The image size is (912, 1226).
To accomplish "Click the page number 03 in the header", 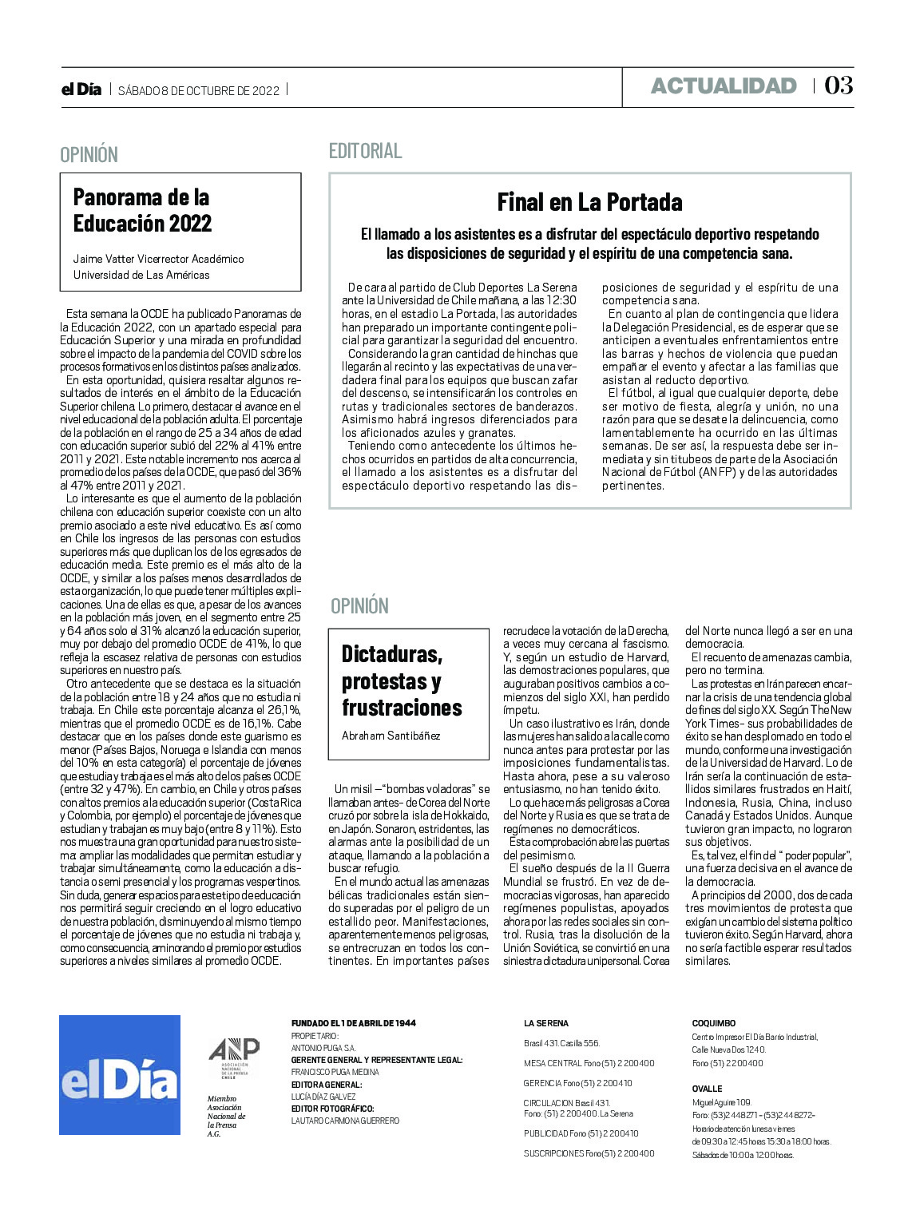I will click(x=839, y=85).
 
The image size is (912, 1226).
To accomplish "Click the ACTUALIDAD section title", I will click(x=724, y=86).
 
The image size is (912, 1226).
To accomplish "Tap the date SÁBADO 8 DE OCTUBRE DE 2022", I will click(x=199, y=90).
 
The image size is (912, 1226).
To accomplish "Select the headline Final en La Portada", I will click(x=589, y=202).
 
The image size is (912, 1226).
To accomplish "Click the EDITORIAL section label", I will click(x=365, y=151).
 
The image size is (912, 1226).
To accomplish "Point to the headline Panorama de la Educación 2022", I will click(x=142, y=210).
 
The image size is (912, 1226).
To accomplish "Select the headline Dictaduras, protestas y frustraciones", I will click(x=402, y=681).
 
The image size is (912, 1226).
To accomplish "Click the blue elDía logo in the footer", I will click(x=120, y=1074).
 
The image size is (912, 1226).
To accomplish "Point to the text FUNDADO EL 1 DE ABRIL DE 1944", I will click(x=353, y=1023).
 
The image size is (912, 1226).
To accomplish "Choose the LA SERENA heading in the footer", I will click(x=546, y=1023).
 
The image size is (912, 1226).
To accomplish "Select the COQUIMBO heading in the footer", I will click(x=713, y=1023).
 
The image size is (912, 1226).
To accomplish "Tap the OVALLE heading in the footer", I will click(x=707, y=1089).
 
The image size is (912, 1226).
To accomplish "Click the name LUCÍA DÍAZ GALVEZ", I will click(x=323, y=1097).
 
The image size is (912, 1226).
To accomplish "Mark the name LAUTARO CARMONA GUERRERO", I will click(x=345, y=1121).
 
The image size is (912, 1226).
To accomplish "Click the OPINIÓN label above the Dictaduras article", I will click(x=359, y=606).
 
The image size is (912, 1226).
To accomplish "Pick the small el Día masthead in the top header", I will click(x=81, y=89).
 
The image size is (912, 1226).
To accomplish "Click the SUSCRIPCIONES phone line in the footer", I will click(x=589, y=1153).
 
